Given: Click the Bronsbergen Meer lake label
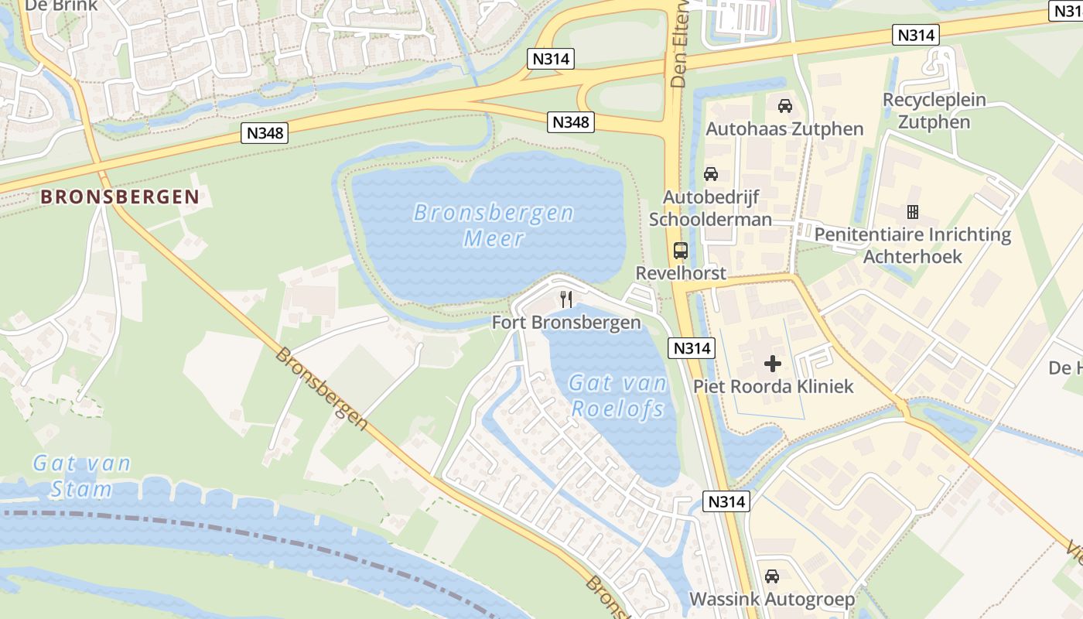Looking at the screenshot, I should point(494,225).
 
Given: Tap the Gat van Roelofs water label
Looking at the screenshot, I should point(617,395).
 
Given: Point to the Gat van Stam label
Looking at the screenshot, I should point(81,476).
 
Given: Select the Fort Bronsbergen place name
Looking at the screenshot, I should point(566,323).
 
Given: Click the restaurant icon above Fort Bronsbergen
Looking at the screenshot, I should point(566,299).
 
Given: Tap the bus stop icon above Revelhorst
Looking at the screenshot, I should point(681,251).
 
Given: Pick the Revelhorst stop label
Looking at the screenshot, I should point(681,273).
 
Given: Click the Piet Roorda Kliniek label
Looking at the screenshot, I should point(773,386).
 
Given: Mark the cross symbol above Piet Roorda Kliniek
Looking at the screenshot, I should point(772,363).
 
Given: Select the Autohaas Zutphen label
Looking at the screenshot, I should point(784,129).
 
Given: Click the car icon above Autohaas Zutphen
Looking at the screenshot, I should point(784,106).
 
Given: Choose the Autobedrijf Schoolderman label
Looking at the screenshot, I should point(710,208).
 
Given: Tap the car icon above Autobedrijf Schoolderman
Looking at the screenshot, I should point(710,174).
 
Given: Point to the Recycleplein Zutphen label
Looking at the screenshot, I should point(934,111).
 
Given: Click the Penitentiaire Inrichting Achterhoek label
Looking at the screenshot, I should point(912,245).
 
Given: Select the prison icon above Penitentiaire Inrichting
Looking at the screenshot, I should point(912,211).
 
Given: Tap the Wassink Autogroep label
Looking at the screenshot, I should point(771,599).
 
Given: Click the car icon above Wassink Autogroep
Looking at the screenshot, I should point(771,576).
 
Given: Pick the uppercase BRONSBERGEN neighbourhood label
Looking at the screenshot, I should point(120,197).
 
